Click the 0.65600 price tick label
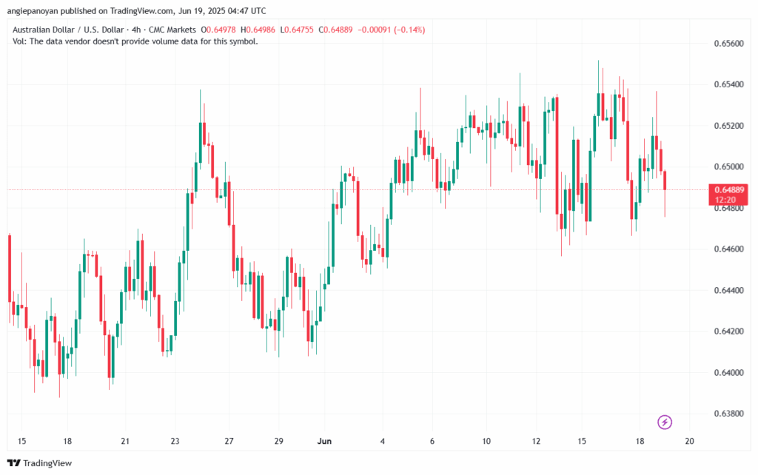(x=729, y=43)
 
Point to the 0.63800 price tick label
(x=729, y=413)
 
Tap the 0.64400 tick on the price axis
(x=729, y=290)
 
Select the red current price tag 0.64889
(x=729, y=190)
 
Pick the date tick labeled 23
(x=175, y=442)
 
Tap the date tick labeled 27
(x=229, y=442)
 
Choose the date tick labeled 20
(x=689, y=442)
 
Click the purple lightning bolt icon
(x=665, y=422)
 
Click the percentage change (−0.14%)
(x=405, y=30)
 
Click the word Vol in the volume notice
(x=20, y=41)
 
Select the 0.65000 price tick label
(x=729, y=166)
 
